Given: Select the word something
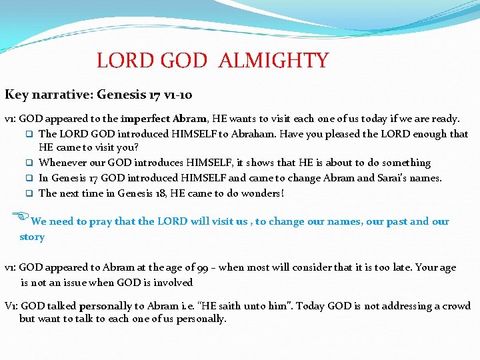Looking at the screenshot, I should [x=402, y=163].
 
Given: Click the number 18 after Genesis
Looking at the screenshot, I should [x=181, y=193].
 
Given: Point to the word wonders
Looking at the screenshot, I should [x=261, y=193].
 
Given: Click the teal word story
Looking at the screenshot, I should [x=32, y=237].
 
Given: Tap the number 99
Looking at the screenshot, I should [x=205, y=267].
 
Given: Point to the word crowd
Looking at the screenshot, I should [x=455, y=306].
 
